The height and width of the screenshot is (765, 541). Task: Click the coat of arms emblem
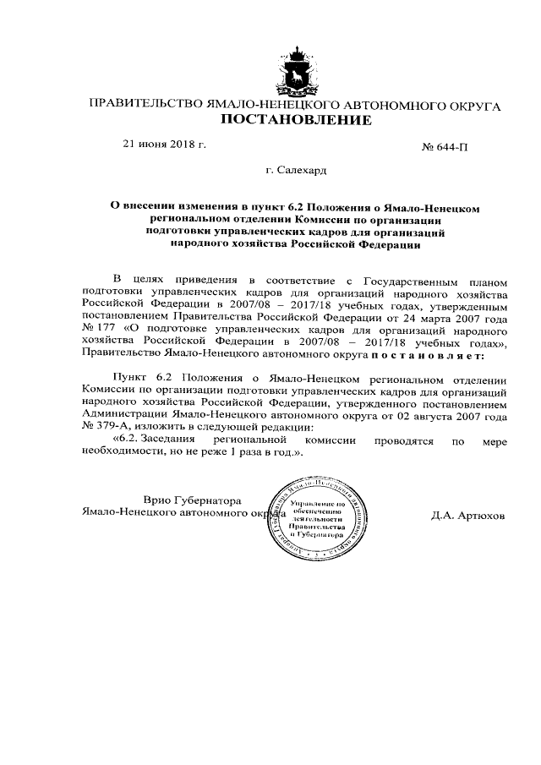click(295, 71)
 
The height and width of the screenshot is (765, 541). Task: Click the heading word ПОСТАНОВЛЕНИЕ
click(295, 121)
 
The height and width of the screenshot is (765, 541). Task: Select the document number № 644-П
click(445, 147)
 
